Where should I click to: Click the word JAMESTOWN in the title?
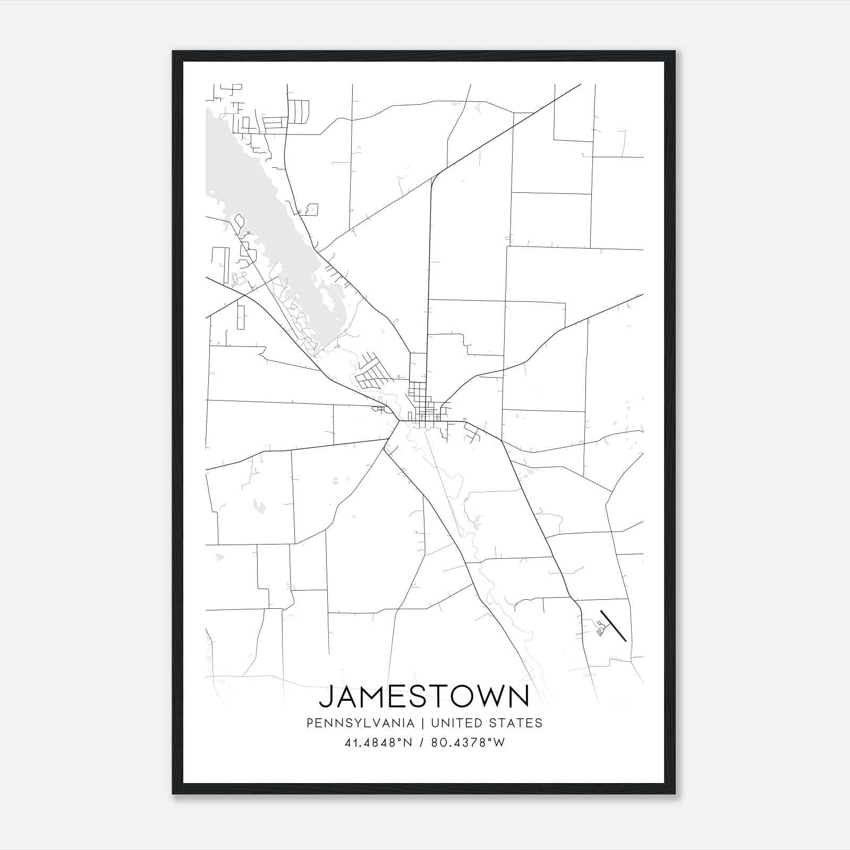(x=424, y=696)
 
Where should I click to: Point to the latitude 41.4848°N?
(x=378, y=743)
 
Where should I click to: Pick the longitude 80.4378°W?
(x=467, y=743)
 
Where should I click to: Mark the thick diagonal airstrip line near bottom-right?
(x=614, y=626)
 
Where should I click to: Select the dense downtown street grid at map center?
(x=425, y=406)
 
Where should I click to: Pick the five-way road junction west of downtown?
(x=398, y=421)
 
